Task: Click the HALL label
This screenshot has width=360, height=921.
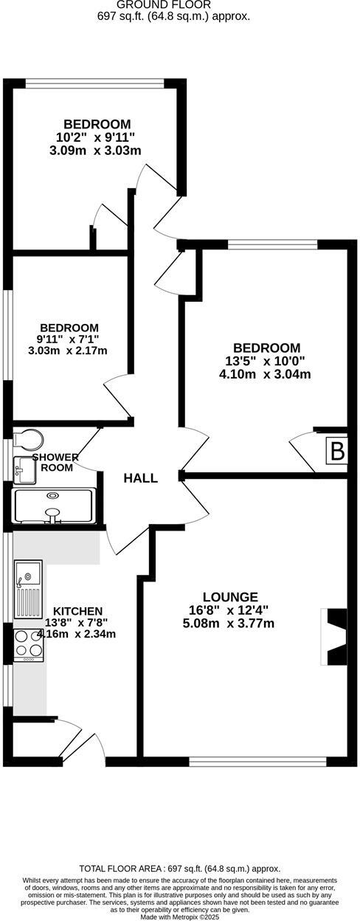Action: click(140, 478)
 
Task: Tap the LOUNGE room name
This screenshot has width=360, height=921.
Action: click(231, 596)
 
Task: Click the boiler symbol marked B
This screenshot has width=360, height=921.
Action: click(336, 451)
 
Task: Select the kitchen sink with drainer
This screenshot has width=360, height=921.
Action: click(29, 588)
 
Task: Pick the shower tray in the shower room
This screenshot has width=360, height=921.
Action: click(54, 506)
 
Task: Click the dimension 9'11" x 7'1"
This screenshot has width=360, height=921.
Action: click(69, 339)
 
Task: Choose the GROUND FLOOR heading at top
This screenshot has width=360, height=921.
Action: click(173, 4)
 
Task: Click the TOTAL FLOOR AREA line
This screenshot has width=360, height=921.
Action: click(180, 869)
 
